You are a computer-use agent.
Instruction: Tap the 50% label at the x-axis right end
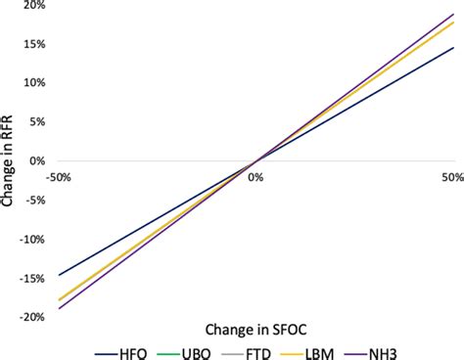click(451, 177)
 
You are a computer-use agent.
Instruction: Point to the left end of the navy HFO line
click(59, 275)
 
